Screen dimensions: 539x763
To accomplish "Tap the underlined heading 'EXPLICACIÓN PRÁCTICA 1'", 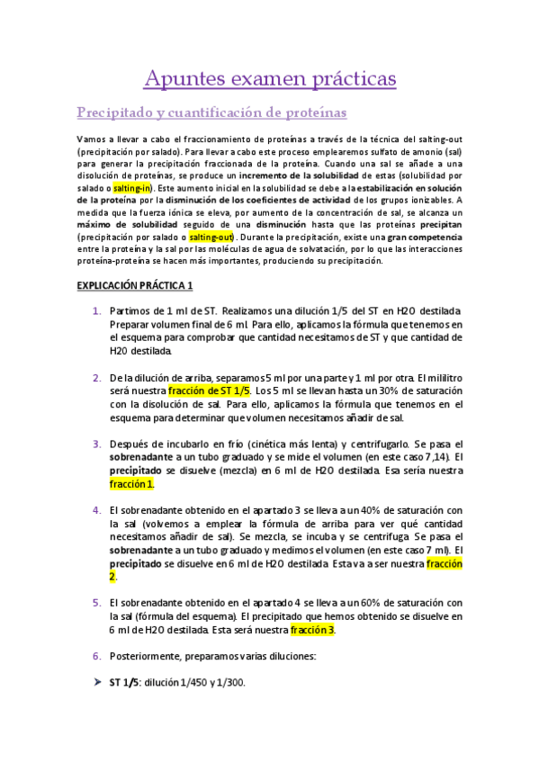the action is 134,285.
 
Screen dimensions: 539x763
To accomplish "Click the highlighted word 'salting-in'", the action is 133,187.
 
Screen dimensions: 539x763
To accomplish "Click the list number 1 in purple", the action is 97,310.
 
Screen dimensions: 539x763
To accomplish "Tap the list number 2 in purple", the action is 97,377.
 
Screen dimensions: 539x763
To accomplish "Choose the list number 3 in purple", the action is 97,444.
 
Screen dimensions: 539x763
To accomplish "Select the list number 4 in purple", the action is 97,509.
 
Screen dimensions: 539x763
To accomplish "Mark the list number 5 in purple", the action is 97,602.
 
